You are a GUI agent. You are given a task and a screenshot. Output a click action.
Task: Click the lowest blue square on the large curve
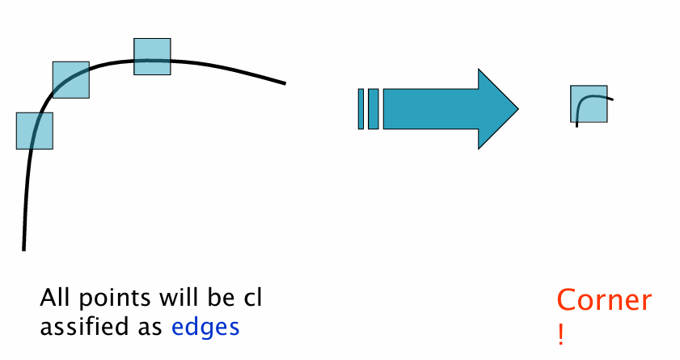[35, 130]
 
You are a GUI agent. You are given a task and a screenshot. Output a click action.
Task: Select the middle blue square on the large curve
[71, 79]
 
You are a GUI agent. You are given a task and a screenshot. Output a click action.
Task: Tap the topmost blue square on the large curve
[152, 57]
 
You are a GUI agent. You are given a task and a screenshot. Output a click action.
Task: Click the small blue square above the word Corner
[589, 104]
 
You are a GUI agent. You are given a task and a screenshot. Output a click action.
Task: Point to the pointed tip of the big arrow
[517, 108]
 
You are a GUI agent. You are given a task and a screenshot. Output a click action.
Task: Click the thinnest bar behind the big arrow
[361, 109]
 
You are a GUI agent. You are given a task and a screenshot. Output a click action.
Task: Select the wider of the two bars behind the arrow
[373, 109]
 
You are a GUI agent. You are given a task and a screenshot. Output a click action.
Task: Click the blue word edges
[205, 328]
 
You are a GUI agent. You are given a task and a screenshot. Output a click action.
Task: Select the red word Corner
[603, 302]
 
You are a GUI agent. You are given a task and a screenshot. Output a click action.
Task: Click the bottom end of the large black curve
[23, 248]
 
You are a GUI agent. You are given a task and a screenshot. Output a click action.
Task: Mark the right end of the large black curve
[285, 83]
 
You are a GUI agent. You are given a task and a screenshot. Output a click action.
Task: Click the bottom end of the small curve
[577, 126]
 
